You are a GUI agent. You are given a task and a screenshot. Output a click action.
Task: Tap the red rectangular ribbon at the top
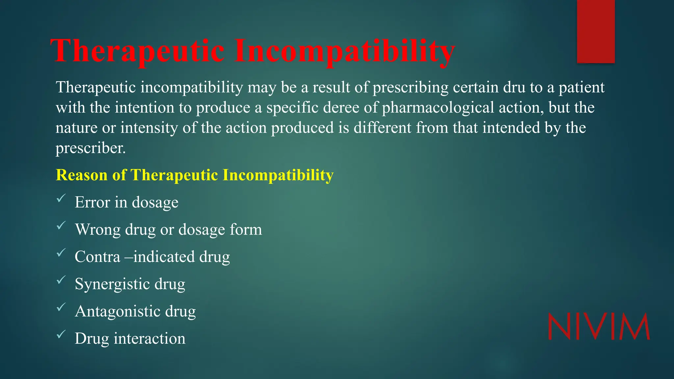coord(596,31)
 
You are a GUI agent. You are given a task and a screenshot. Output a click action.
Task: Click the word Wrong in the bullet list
coord(98,229)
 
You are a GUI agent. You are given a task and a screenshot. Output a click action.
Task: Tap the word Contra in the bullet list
coord(97,257)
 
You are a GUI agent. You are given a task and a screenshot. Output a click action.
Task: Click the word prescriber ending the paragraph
coord(90,148)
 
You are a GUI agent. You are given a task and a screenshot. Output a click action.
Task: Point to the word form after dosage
coord(246,229)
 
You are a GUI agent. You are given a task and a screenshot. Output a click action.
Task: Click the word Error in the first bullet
coord(92,202)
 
